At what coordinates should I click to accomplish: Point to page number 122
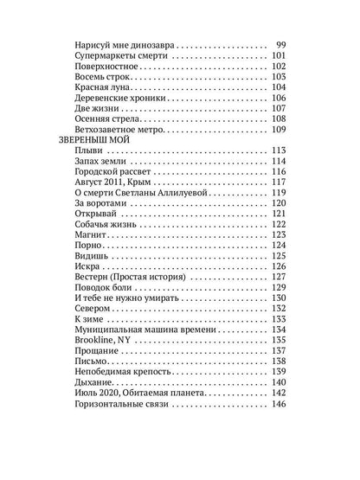278,223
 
